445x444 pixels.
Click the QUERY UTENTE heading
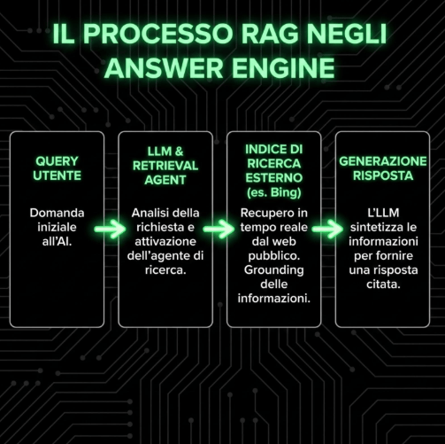point(58,168)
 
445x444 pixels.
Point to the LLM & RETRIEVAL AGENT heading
point(165,165)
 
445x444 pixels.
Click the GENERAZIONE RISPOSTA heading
point(382,168)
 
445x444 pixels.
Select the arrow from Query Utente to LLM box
point(111,229)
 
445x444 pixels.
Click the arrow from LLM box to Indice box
point(219,229)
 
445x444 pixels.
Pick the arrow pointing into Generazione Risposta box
point(326,229)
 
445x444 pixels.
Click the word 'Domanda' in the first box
point(58,214)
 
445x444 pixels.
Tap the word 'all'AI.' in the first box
point(58,242)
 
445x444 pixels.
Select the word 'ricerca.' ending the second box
point(165,270)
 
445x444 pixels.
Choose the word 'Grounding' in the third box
point(272,269)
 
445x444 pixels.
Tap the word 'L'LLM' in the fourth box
point(382,214)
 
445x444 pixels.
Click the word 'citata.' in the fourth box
point(382,284)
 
